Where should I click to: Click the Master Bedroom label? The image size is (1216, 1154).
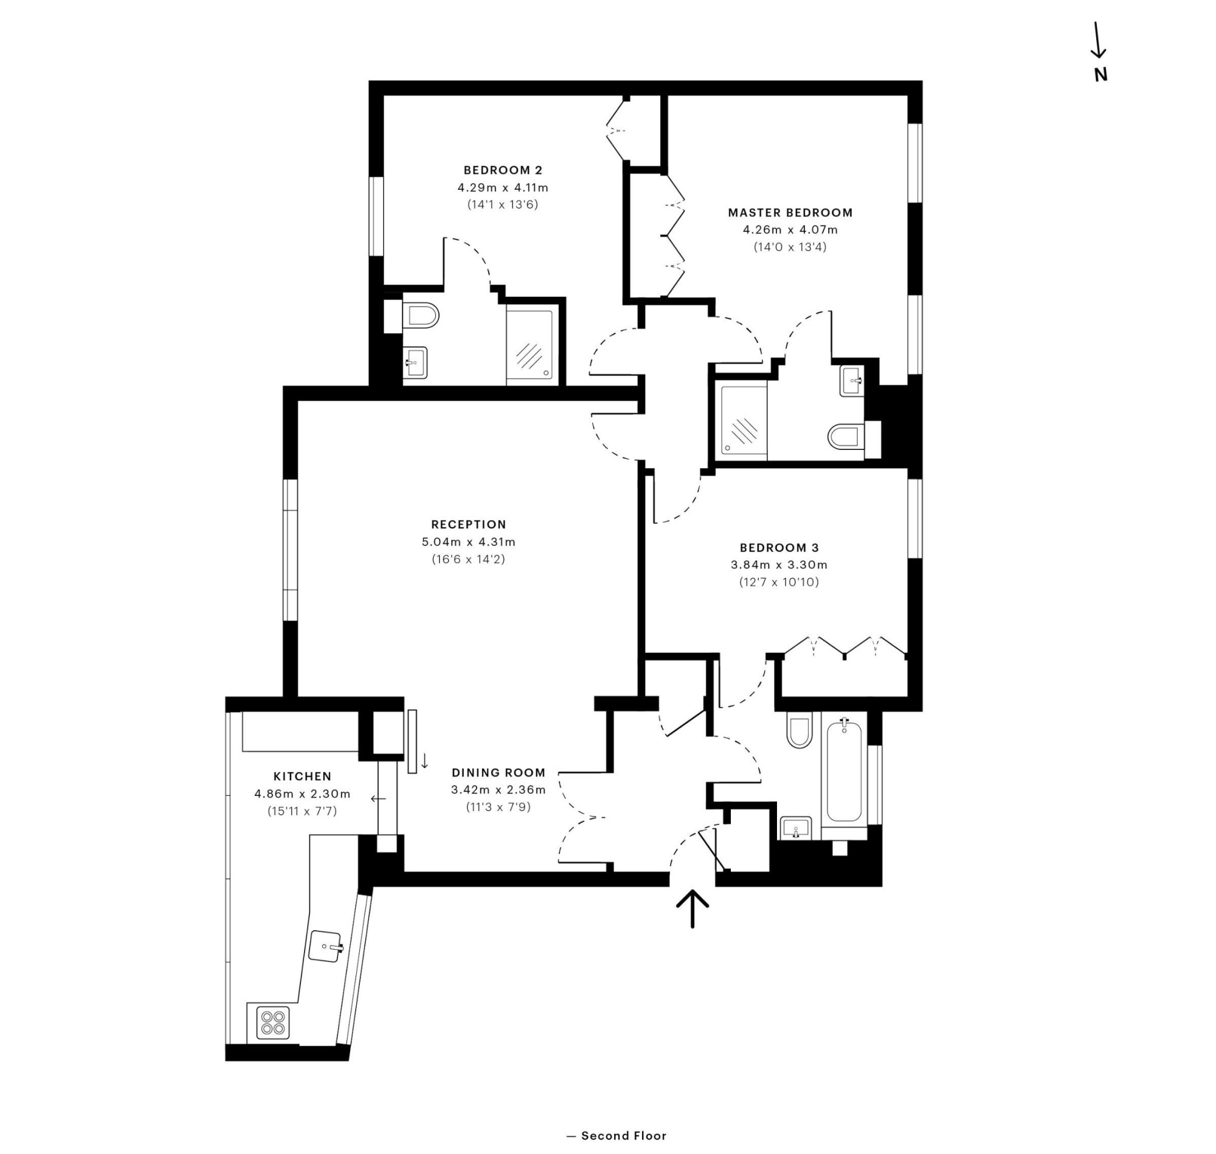[x=790, y=213]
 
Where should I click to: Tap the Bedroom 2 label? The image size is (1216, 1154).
[x=503, y=170]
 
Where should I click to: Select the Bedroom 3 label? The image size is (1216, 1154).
[x=779, y=547]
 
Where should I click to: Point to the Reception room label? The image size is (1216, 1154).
[x=468, y=525]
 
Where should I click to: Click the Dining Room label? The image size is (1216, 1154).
[x=498, y=773]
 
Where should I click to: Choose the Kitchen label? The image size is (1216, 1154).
[x=302, y=776]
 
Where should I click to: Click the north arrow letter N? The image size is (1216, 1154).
[x=1100, y=75]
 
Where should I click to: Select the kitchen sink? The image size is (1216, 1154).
[x=326, y=946]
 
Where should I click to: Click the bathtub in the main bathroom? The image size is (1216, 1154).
[x=843, y=773]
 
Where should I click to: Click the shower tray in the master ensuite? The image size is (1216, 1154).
[x=744, y=423]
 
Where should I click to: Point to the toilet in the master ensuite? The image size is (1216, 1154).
[x=846, y=437]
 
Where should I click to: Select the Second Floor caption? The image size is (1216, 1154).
[x=617, y=1136]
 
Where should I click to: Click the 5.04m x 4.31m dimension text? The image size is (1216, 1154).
[x=468, y=542]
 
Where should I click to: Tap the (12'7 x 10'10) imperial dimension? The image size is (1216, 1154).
[x=779, y=582]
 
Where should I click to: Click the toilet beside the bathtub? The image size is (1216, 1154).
[x=799, y=730]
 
